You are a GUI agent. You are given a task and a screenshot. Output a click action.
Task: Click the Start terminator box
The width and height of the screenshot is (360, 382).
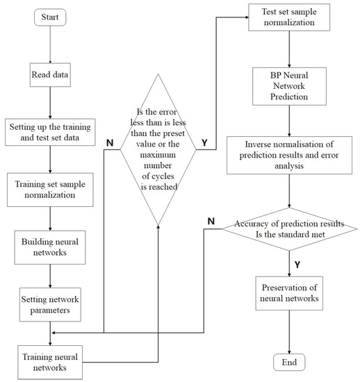tap(50, 17)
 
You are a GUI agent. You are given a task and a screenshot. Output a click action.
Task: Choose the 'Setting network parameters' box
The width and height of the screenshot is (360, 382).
tap(50, 305)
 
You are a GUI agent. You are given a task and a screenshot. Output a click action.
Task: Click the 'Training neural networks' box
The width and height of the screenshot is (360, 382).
tap(50, 361)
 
